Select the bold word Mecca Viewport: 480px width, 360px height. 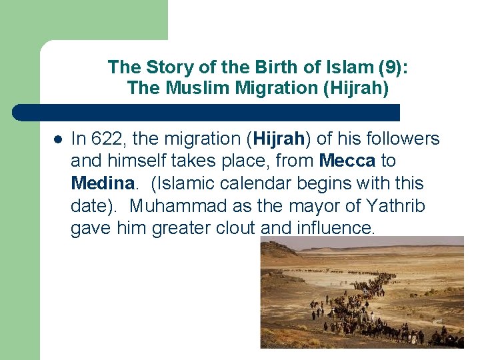pyautogui.click(x=348, y=161)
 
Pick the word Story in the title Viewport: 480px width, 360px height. pyautogui.click(x=160, y=67)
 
